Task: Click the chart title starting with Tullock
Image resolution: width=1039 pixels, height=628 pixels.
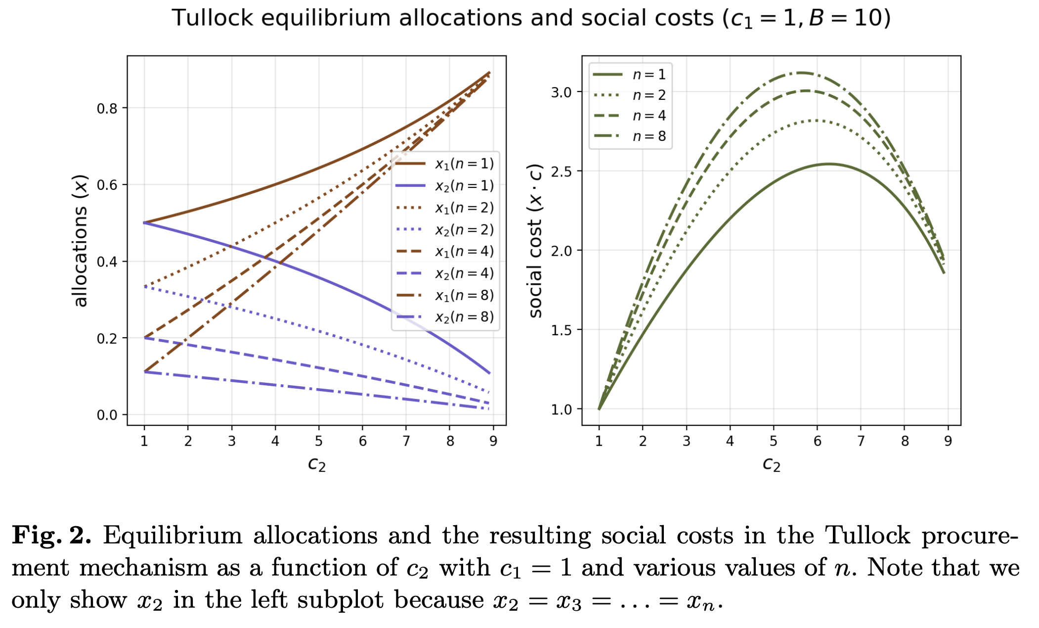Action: click(x=531, y=19)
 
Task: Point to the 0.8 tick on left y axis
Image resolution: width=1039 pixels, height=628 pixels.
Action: click(x=107, y=108)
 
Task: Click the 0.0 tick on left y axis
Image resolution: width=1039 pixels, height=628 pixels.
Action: click(x=107, y=415)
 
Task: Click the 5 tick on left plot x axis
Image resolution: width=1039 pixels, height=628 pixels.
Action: click(x=319, y=441)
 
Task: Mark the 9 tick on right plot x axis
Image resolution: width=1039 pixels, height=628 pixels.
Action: click(x=948, y=441)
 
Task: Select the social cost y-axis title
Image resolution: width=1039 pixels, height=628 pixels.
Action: click(x=536, y=241)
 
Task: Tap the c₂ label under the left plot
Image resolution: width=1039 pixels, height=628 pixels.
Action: click(x=317, y=464)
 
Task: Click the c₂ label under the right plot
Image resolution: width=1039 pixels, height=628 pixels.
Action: click(x=772, y=464)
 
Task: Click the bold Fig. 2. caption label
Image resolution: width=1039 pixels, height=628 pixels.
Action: click(x=51, y=536)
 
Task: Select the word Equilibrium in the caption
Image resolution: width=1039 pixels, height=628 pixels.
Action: click(x=173, y=536)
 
